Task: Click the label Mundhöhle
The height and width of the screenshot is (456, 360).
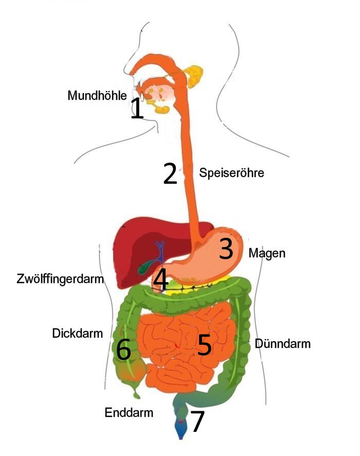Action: click(97, 95)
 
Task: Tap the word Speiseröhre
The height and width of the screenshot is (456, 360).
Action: click(231, 173)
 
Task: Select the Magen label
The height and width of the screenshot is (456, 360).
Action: click(267, 253)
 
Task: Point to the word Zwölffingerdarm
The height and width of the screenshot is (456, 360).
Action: click(60, 278)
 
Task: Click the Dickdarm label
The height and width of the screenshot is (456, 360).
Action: click(77, 333)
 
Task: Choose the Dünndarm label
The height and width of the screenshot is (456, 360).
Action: click(282, 343)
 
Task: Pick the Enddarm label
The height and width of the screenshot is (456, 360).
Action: click(129, 412)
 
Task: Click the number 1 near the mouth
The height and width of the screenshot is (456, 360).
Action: click(137, 108)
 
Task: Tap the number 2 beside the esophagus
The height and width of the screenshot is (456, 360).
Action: click(170, 173)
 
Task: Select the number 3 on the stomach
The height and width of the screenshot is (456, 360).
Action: click(226, 248)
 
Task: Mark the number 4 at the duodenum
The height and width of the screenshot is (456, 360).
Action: click(160, 280)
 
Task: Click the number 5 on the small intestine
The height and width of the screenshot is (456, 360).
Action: click(204, 345)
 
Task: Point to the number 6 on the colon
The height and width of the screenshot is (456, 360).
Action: click(123, 349)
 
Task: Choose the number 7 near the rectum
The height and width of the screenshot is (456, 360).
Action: click(197, 421)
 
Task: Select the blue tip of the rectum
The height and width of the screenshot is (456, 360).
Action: click(181, 430)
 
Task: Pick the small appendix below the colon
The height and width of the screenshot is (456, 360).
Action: click(136, 394)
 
